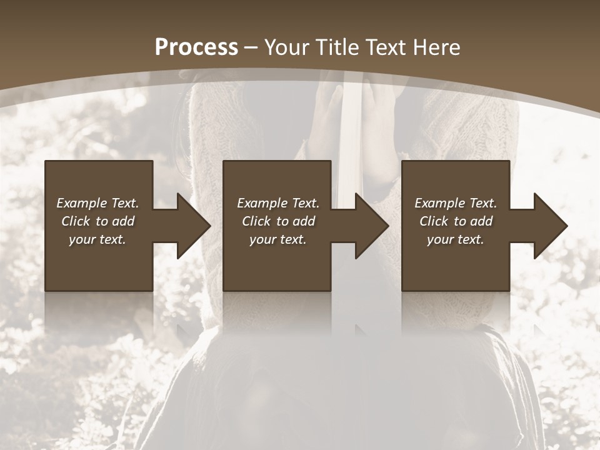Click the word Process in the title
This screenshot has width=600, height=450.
click(x=196, y=47)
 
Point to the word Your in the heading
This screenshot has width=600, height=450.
click(x=287, y=47)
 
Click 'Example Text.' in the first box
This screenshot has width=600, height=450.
click(x=98, y=203)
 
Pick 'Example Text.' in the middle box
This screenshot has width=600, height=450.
click(x=278, y=203)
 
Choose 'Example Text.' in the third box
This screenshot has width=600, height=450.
click(x=456, y=203)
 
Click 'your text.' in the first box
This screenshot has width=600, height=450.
click(x=97, y=239)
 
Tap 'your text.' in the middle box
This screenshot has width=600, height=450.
click(x=277, y=239)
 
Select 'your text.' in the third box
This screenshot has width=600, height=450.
click(x=455, y=239)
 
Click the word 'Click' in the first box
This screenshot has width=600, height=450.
click(x=76, y=221)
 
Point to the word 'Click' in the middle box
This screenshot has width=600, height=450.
click(x=256, y=221)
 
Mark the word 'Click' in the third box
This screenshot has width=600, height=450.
click(x=434, y=221)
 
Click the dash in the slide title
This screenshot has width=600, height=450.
click(x=251, y=47)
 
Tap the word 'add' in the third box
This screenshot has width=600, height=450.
click(x=482, y=221)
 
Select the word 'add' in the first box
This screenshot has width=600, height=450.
click(x=124, y=221)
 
